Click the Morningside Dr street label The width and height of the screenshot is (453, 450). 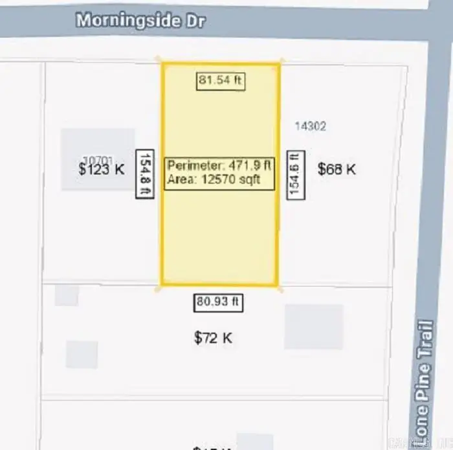coord(140,20)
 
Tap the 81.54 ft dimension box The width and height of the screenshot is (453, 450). coord(221,81)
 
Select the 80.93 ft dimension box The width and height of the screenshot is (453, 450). coord(219,302)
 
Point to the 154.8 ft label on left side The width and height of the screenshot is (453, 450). coord(145,173)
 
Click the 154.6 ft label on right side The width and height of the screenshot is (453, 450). coord(296,173)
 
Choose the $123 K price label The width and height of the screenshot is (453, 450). coord(101,170)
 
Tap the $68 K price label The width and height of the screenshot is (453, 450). coord(337,169)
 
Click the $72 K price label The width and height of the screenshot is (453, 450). coord(213,338)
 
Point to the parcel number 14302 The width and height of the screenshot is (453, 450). coord(310,126)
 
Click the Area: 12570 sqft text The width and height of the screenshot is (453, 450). coord(214,180)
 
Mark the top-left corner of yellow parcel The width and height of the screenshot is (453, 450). coord(162,64)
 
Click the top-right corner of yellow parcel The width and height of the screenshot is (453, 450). coord(280,64)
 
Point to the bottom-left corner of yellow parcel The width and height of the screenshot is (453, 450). coord(161,285)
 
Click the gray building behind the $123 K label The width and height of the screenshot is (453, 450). coord(97,146)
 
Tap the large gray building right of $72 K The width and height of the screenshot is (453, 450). coord(313,327)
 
